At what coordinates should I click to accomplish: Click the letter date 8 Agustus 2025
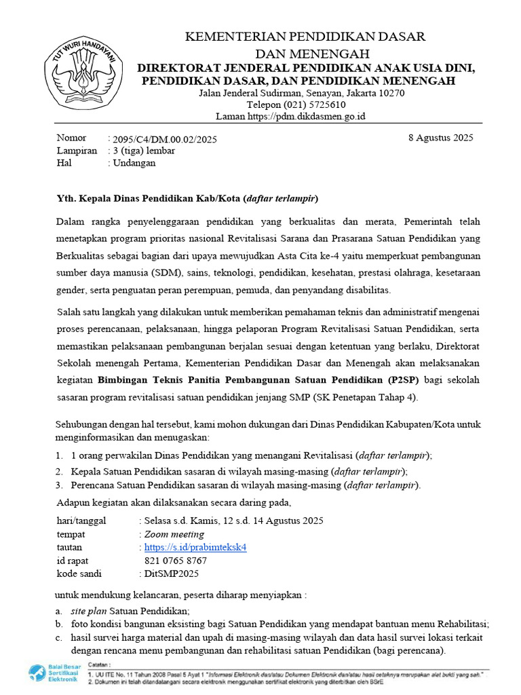tap(440, 137)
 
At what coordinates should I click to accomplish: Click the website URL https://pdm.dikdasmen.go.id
tap(307, 116)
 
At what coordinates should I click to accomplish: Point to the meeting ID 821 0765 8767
tap(176, 561)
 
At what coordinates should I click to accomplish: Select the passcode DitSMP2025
tap(170, 574)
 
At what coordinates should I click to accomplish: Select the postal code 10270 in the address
tap(391, 93)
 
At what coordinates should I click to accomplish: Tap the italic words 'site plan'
tap(88, 611)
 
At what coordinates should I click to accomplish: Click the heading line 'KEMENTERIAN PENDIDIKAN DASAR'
tap(305, 37)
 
